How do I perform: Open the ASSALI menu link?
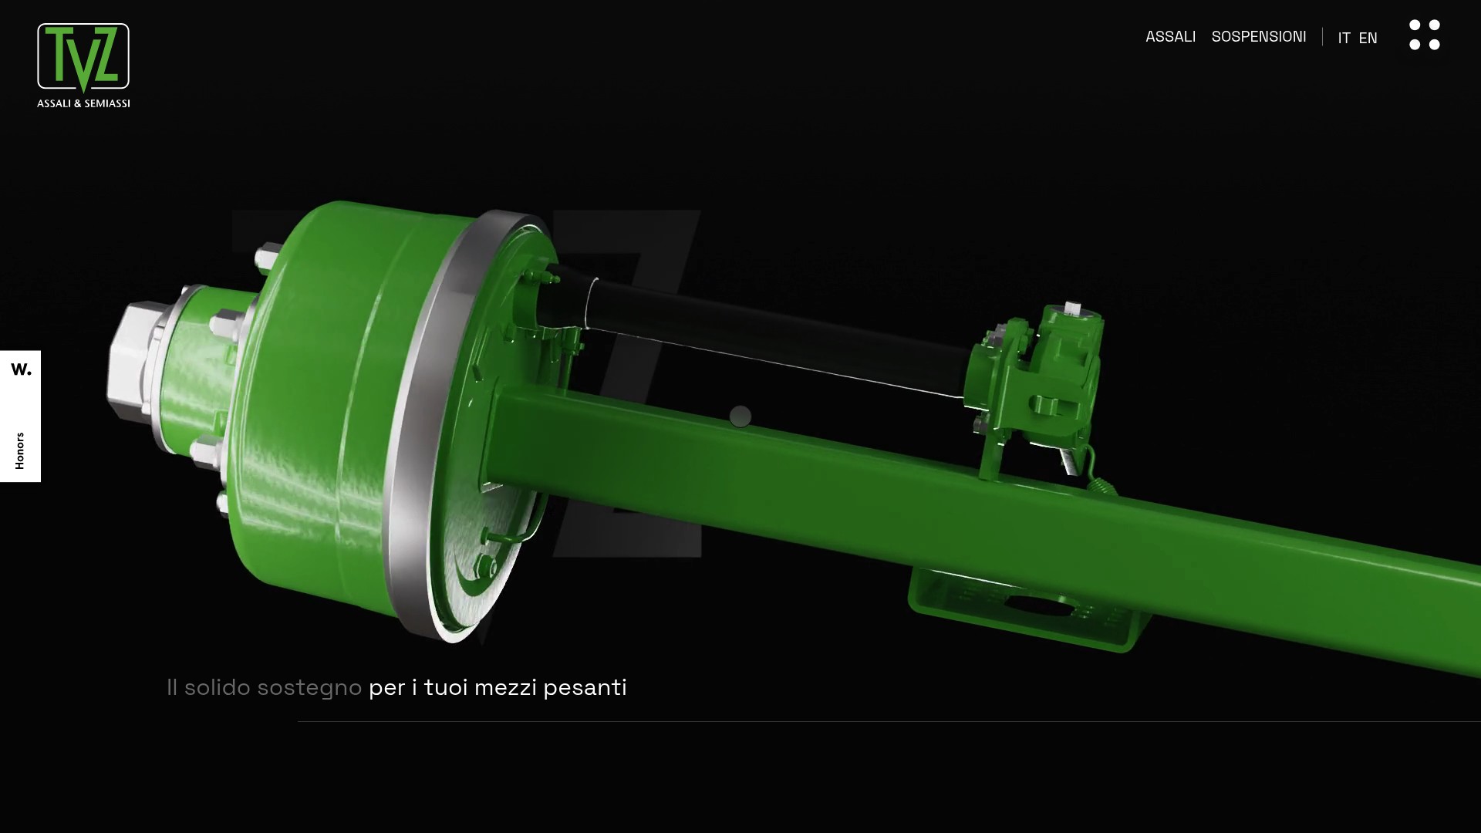(1170, 36)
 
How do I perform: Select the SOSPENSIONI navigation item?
(1259, 36)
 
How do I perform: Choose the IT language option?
(1344, 38)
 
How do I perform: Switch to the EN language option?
(1368, 38)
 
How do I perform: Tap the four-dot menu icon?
(1424, 35)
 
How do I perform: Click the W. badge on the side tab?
(21, 369)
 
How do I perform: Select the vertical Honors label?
(20, 450)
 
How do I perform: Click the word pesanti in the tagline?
(585, 687)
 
